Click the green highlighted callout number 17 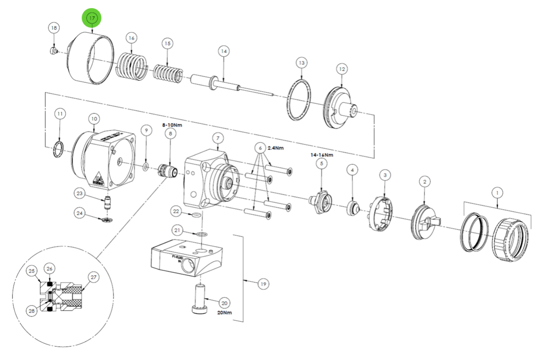[x=91, y=19]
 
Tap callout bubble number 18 [x=54, y=28]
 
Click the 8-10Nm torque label [x=173, y=125]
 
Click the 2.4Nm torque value [x=275, y=148]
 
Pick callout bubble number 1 [x=497, y=193]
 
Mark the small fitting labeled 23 [x=107, y=203]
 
